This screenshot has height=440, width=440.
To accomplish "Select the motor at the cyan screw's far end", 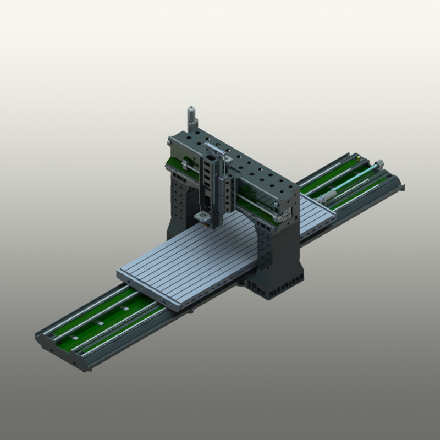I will (x=379, y=163).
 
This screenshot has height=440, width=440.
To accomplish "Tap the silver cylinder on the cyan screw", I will (x=328, y=195).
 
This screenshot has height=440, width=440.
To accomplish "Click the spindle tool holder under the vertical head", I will (x=204, y=218).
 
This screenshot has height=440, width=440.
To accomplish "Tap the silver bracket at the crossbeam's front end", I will (x=284, y=213).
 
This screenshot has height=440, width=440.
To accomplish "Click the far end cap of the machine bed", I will (x=397, y=182).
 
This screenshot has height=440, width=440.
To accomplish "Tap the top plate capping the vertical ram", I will (x=215, y=150).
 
